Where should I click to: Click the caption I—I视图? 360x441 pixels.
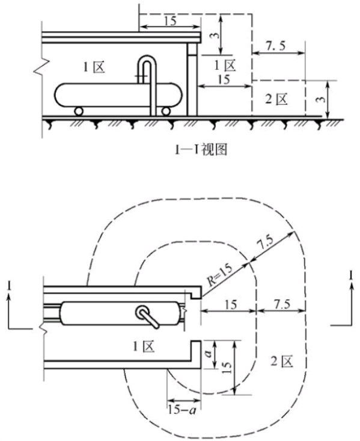200,150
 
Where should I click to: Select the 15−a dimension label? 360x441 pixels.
182,410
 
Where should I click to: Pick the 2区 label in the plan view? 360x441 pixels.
282,361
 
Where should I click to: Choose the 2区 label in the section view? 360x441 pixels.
276,99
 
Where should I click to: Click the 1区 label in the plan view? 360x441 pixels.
144,347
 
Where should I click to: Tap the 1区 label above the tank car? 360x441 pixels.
94,67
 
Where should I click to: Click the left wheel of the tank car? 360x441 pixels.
79,111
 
